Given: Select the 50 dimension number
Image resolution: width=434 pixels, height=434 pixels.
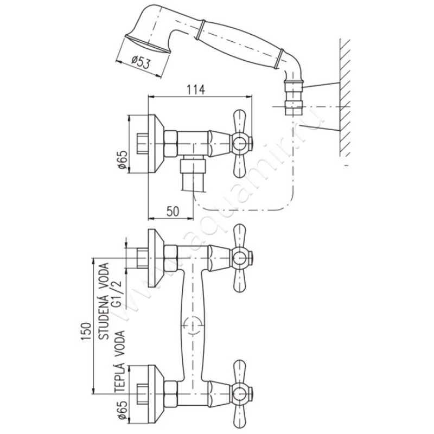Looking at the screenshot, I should (x=173, y=212).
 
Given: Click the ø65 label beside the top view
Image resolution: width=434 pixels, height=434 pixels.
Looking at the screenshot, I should (x=122, y=161).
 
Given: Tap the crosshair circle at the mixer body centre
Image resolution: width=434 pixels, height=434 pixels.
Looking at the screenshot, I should (x=192, y=325).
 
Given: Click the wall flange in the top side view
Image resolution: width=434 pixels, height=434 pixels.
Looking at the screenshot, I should (x=155, y=144).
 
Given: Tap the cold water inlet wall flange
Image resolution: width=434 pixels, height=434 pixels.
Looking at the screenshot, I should (x=155, y=257).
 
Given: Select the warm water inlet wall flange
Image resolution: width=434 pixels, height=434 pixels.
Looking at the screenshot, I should (x=155, y=390).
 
